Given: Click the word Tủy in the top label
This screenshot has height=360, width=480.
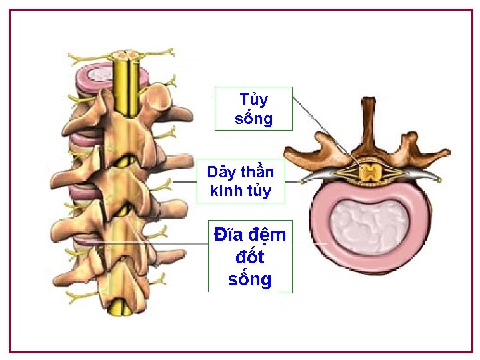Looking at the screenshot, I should (x=253, y=100).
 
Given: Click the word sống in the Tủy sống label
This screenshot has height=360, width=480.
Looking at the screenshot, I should (x=254, y=119).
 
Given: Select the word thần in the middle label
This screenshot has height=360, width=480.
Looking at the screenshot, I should (x=259, y=171).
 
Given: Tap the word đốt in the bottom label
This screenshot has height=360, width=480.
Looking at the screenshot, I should (x=250, y=257).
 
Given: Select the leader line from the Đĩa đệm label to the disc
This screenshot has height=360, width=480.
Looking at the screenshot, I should (x=308, y=245).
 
